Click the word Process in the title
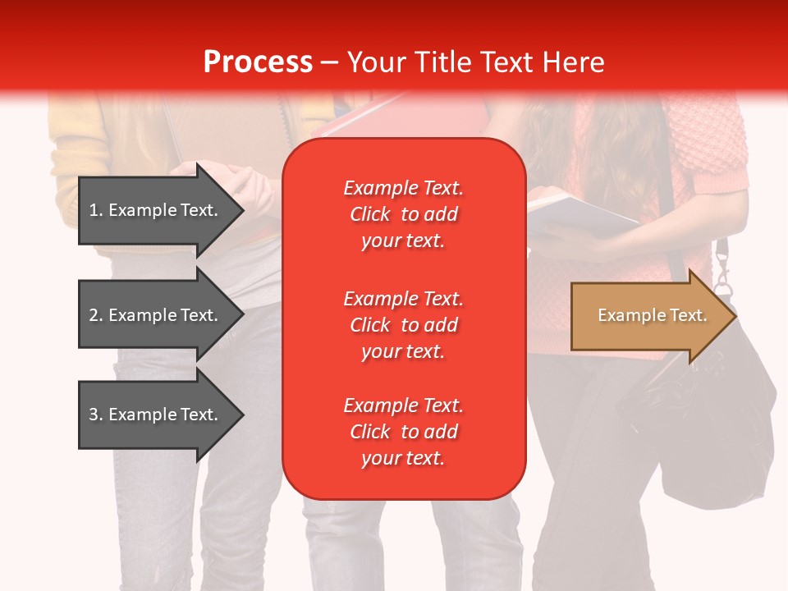pos(258,62)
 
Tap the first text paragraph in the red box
pos(403,214)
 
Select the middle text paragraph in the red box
pos(403,325)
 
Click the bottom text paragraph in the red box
pos(403,432)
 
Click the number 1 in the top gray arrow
pos(94,210)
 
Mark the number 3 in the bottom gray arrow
pos(94,415)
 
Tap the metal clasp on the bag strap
pos(722,271)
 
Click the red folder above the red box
pos(369,119)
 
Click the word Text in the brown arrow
pos(689,315)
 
